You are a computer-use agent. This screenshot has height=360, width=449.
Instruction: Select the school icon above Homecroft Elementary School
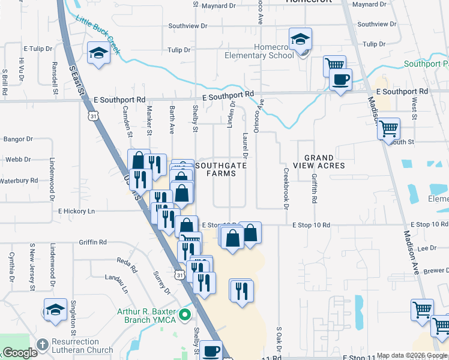[300, 40]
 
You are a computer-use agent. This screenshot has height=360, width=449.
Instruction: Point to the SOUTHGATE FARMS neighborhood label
[215, 169]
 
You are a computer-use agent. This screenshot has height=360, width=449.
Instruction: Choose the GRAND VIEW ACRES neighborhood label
[319, 161]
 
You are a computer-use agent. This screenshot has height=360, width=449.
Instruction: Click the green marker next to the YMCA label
[185, 314]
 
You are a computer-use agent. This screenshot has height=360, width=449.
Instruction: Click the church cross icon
[42, 345]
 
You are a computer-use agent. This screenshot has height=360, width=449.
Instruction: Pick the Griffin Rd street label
[92, 242]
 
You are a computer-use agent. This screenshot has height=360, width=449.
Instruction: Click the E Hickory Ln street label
[77, 211]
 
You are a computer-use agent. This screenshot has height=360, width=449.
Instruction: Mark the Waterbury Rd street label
[19, 181]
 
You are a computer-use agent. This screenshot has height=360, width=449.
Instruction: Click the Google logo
[20, 353]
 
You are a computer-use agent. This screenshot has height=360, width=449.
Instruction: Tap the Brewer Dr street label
[436, 271]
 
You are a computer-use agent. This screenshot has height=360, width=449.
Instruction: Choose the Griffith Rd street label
[314, 187]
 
